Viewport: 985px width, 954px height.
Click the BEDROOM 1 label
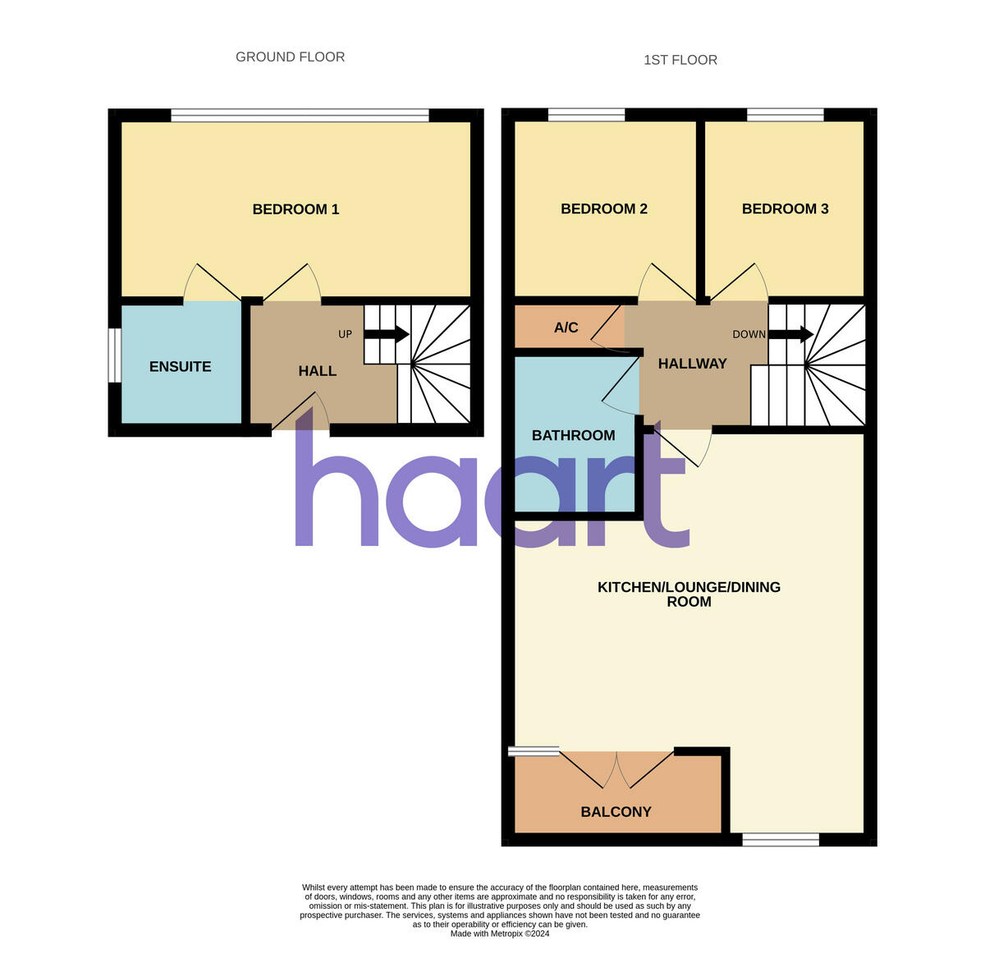coord(295,209)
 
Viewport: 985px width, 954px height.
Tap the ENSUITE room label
coord(180,367)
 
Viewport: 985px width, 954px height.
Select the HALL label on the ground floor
coord(317,371)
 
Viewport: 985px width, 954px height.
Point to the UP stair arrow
coord(387,334)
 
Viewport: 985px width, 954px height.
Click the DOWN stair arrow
coord(791,334)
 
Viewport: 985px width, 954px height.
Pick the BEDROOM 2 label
coord(603,209)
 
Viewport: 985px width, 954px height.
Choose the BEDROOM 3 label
coord(785,209)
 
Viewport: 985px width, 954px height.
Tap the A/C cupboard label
coord(566,328)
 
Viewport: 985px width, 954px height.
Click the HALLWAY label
coord(692,364)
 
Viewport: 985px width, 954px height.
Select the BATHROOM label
coord(573,435)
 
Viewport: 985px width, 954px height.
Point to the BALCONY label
coord(616,812)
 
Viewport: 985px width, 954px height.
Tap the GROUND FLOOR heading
coord(290,57)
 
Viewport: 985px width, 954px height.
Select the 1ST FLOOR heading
coord(680,60)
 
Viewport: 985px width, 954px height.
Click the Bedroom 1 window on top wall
coord(300,116)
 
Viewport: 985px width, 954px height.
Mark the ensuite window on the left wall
coord(116,355)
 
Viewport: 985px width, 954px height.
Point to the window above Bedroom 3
coord(785,115)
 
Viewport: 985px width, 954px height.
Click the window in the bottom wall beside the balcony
coord(781,839)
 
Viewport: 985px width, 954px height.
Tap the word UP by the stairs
coord(345,334)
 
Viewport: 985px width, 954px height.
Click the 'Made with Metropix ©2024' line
coord(499,933)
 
